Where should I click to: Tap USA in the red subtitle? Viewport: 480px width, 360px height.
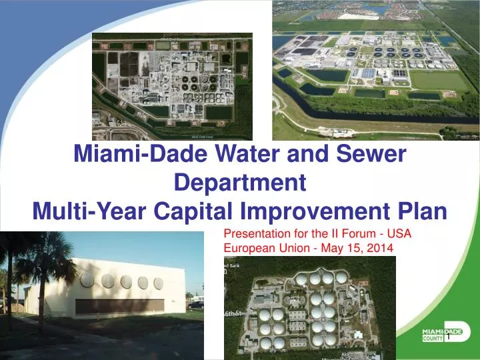[399, 234]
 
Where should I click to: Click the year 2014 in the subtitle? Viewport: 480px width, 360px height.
[383, 248]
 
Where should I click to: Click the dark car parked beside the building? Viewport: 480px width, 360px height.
[196, 304]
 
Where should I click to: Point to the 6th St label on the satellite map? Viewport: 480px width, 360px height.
[230, 313]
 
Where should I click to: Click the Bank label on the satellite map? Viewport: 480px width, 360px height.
[231, 265]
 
